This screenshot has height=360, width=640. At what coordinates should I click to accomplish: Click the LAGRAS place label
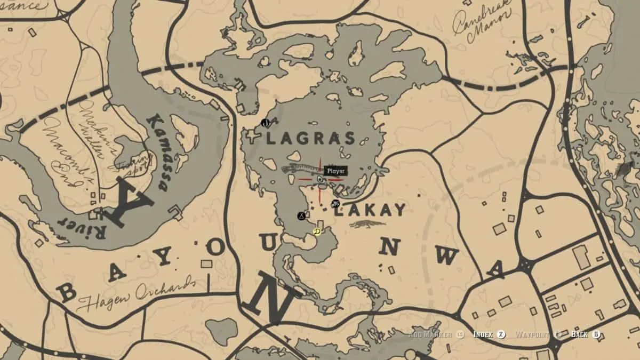click(x=310, y=139)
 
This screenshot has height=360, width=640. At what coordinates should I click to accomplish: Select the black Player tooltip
click(x=335, y=171)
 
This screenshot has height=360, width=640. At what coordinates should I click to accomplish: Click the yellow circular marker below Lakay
click(x=317, y=231)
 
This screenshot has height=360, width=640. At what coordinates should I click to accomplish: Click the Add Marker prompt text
click(x=431, y=334)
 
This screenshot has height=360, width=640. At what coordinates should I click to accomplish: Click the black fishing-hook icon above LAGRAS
click(x=266, y=123)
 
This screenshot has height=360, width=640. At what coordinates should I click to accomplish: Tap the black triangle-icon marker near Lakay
click(x=302, y=216)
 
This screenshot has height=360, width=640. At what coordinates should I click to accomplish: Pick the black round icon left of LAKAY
click(x=335, y=203)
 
